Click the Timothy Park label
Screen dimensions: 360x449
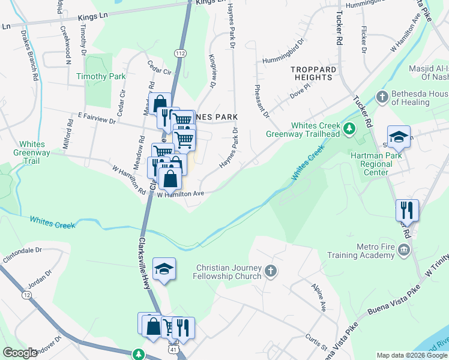[101, 76]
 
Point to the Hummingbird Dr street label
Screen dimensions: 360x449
[283, 60]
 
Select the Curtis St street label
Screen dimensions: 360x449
[316, 341]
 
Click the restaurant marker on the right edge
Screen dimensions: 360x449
[406, 210]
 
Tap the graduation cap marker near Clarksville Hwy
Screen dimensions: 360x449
[164, 269]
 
